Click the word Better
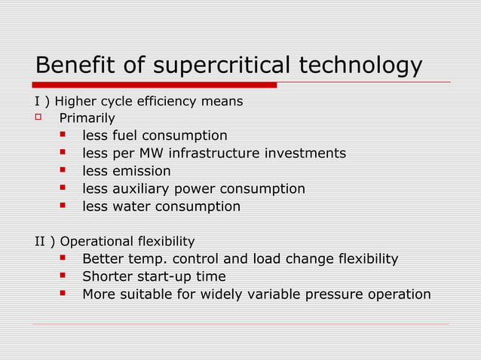tap(104, 259)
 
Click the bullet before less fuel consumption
tap(64, 136)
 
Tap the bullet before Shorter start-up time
tap(64, 276)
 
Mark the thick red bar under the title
tap(155, 85)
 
